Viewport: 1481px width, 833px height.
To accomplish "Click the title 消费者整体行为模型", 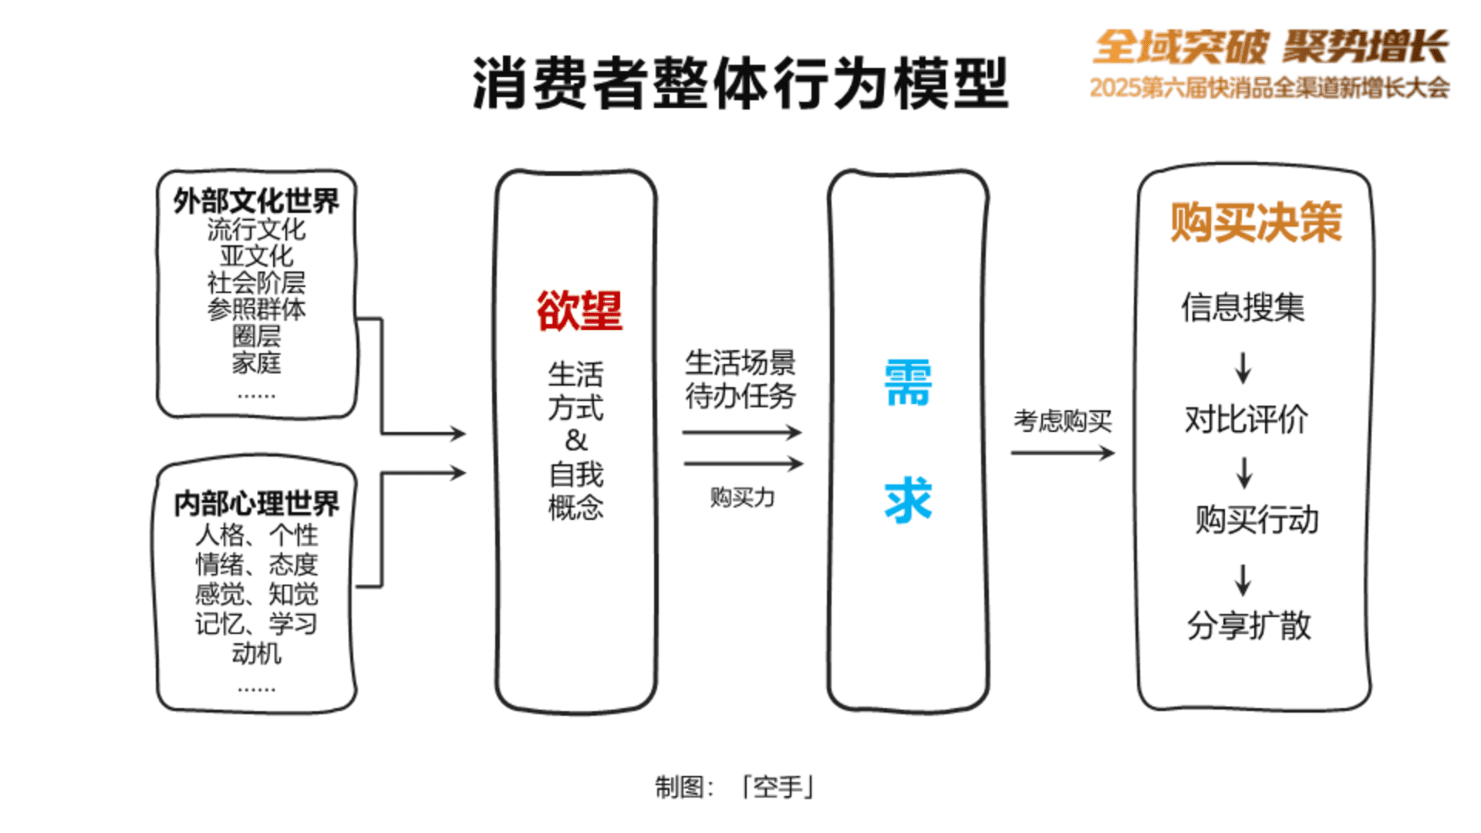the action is point(740,83).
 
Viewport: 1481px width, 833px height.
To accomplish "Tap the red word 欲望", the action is point(579,311).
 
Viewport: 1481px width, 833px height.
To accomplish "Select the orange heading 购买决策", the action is point(1257,222).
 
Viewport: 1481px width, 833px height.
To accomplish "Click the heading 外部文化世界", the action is point(256,201).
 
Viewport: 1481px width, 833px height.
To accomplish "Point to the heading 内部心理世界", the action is point(256,504).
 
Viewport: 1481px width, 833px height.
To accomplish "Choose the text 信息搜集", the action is point(1243,307).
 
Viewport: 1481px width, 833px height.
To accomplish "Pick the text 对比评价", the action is point(1247,420).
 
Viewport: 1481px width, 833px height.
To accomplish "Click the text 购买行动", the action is point(1257,520).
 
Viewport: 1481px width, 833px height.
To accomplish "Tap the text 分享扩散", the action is point(1249,626).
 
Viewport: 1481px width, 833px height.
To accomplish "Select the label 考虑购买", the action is point(1063,421).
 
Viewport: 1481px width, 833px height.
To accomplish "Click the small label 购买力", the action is point(742,497).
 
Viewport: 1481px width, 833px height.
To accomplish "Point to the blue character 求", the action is point(908,501).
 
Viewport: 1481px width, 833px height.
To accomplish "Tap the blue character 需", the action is point(908,383).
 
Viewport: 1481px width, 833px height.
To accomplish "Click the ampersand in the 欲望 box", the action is point(576,440).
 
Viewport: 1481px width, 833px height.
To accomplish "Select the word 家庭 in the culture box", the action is point(256,363).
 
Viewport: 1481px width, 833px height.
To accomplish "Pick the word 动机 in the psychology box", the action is point(256,653).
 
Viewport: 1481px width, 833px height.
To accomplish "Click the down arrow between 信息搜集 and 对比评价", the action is point(1243,368).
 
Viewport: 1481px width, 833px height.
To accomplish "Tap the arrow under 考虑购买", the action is point(1063,453).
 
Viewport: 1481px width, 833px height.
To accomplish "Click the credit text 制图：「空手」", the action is point(735,787).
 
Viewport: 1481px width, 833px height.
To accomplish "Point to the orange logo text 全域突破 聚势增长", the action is point(1270,46).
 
